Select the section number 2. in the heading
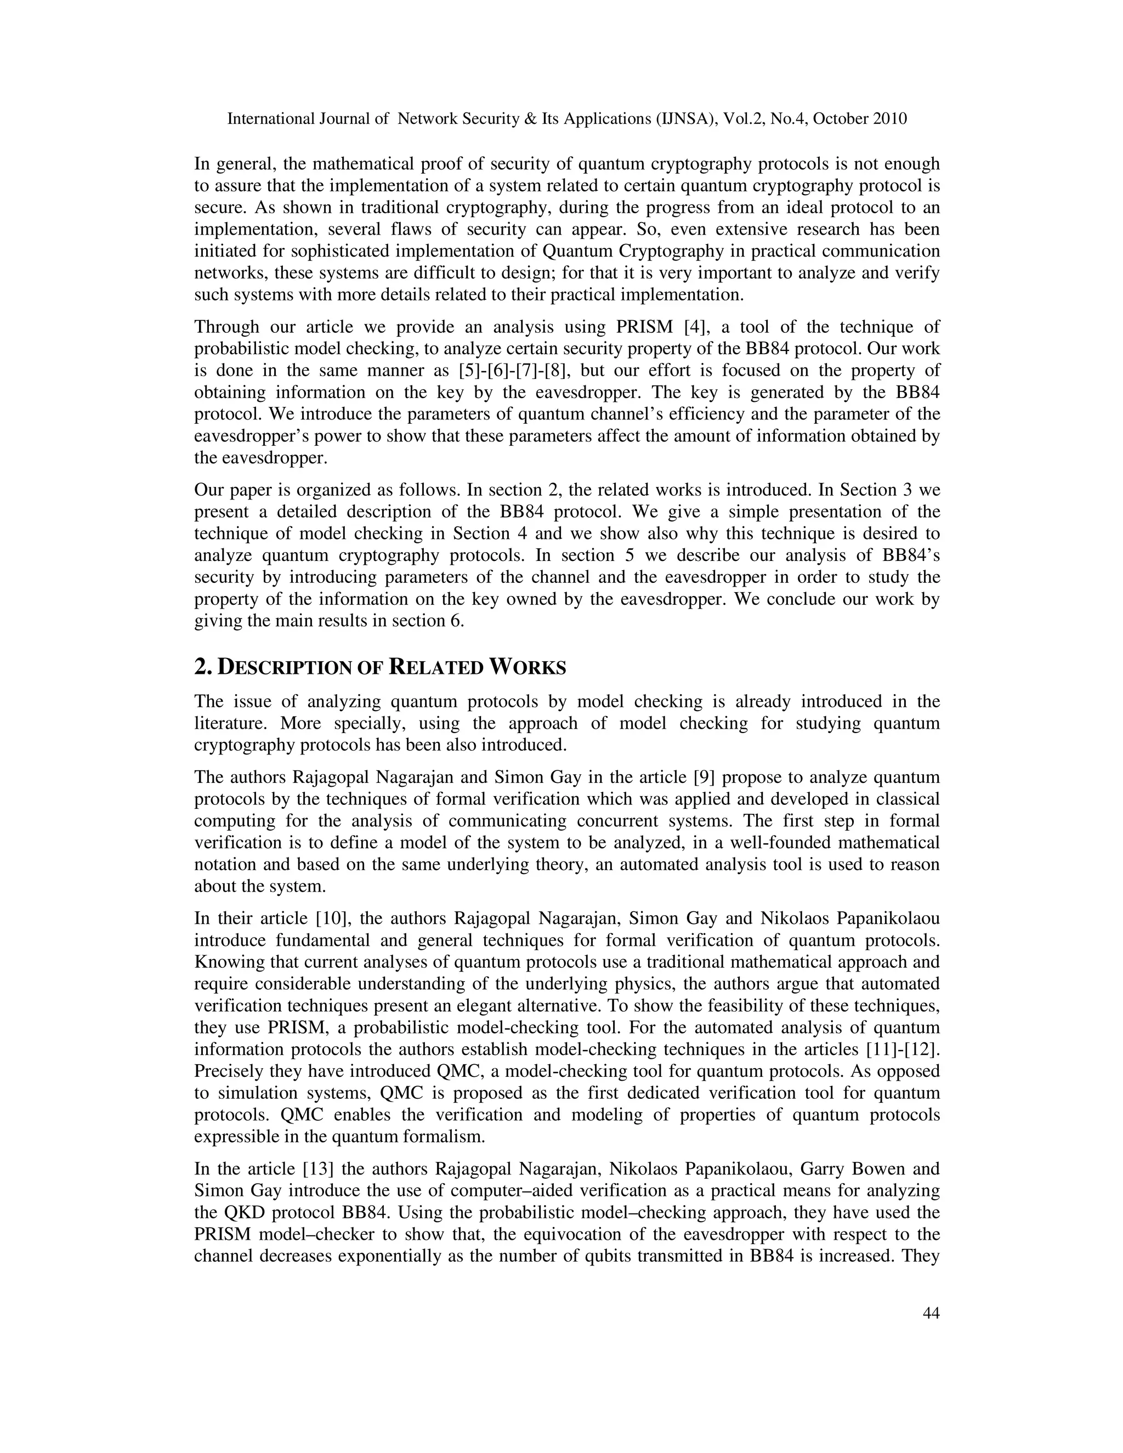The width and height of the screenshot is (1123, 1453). (203, 667)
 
